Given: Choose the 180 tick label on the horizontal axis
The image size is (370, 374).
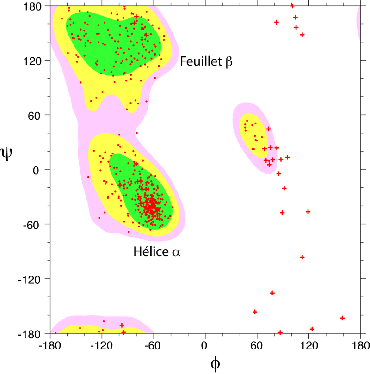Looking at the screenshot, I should tap(360, 344).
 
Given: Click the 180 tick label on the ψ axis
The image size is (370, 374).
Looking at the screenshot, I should tap(34, 6).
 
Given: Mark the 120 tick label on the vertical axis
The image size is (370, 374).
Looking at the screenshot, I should tap(34, 61).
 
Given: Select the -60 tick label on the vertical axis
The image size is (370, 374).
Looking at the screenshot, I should tap(34, 224).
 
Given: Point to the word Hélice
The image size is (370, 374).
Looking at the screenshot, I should tap(149, 252).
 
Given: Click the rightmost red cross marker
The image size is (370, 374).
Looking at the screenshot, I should tap(342, 318).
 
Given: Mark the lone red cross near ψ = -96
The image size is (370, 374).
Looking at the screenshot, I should tap(302, 257).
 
